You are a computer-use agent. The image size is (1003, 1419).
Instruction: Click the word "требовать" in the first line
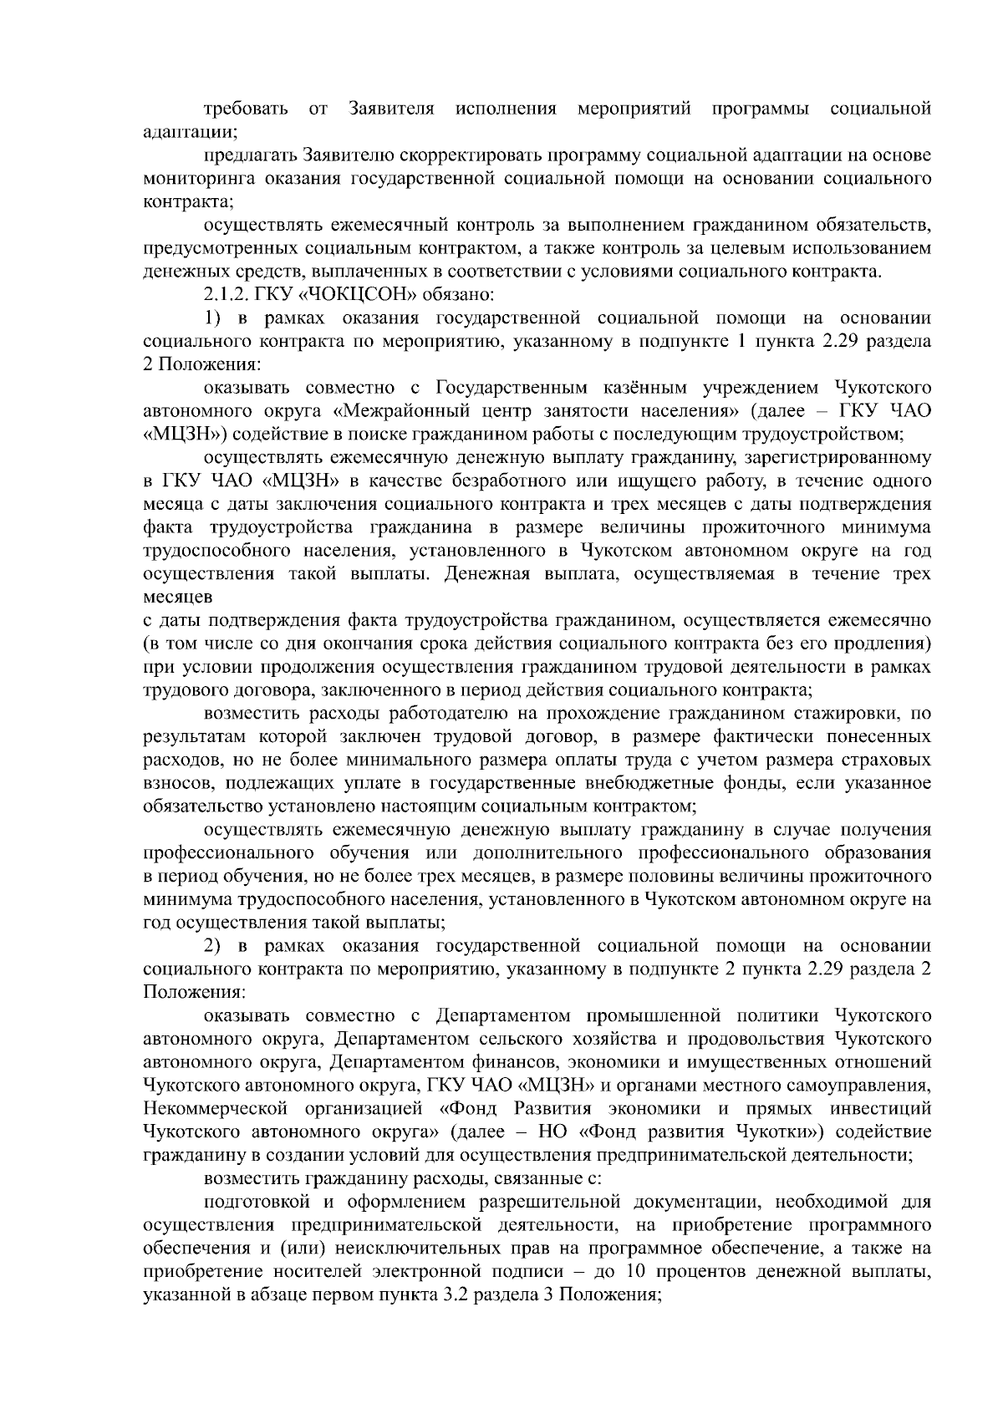coord(247,109)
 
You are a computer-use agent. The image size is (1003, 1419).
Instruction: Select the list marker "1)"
coord(214,318)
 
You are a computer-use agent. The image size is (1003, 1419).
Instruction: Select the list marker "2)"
coord(214,946)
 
